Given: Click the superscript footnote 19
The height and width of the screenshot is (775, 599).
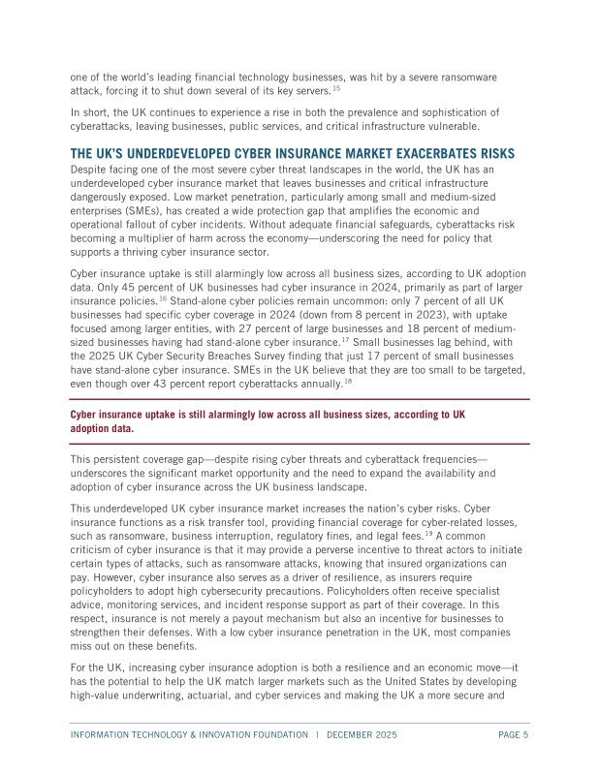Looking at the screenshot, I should click(427, 532).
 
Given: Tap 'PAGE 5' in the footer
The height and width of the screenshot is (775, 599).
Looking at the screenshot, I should click(513, 734).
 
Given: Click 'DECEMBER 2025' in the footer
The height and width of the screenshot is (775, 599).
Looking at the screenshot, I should click(362, 734).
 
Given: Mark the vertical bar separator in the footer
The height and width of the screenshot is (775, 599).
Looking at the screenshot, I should click(317, 734).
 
